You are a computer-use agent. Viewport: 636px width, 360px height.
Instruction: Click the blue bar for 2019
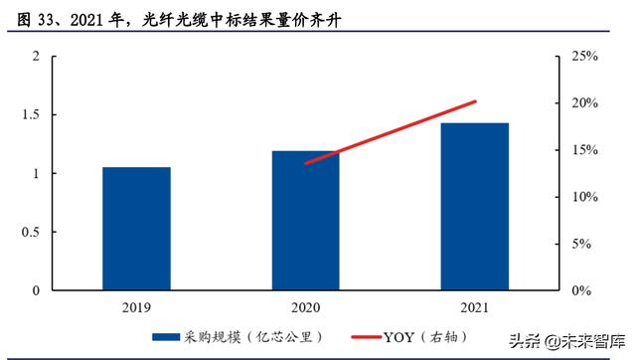pos(137,229)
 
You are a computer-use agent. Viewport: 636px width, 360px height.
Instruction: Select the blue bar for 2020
pos(305,221)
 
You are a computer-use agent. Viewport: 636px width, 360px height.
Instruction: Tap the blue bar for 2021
pos(475,207)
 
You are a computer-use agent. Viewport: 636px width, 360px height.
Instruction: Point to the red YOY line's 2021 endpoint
pos(475,101)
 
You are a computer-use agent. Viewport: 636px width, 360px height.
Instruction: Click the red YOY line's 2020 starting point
pos(306,163)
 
